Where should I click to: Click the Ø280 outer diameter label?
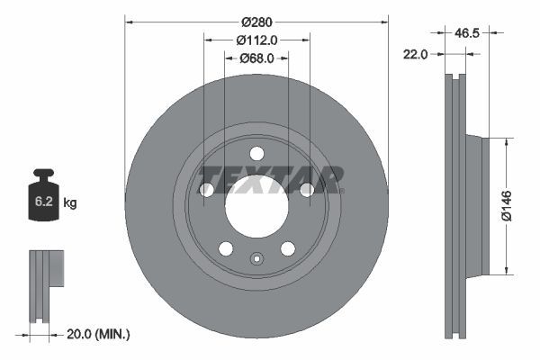point(256,22)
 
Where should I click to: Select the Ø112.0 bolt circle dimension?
point(256,40)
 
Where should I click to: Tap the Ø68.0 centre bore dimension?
point(256,58)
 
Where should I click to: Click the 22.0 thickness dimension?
point(415,54)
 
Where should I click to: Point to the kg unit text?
point(70,203)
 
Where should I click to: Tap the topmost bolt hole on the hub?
point(256,153)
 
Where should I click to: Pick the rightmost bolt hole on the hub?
point(306,189)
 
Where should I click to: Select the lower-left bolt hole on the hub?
point(226,247)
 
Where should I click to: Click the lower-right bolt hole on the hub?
point(287,247)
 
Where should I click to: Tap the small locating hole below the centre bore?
point(256,262)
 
